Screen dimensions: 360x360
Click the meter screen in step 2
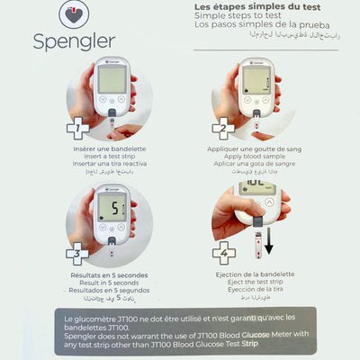(257, 78)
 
